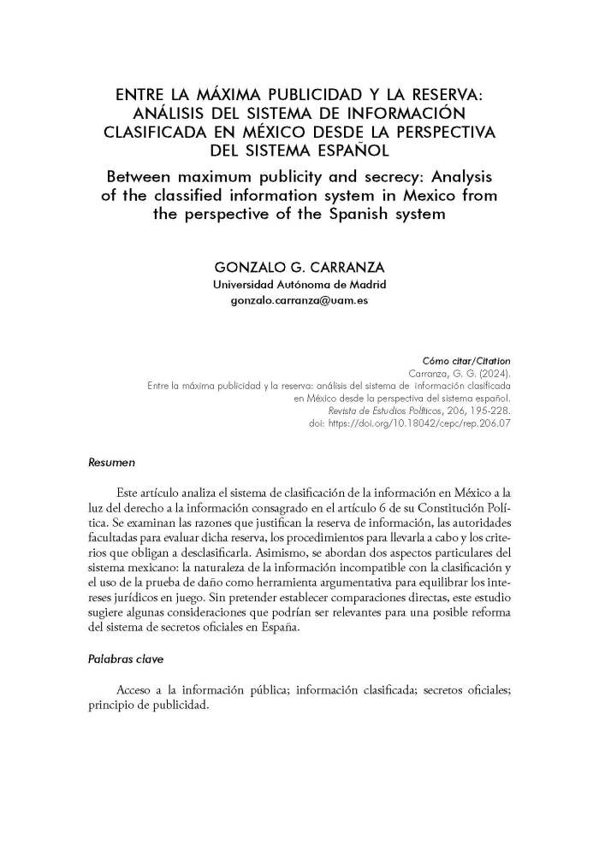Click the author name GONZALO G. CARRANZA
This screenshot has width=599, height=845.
(x=299, y=267)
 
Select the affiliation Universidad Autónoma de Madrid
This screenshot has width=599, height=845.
(x=299, y=285)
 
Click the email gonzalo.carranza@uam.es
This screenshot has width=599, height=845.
(x=299, y=302)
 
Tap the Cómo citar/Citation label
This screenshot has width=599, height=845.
(x=468, y=361)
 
